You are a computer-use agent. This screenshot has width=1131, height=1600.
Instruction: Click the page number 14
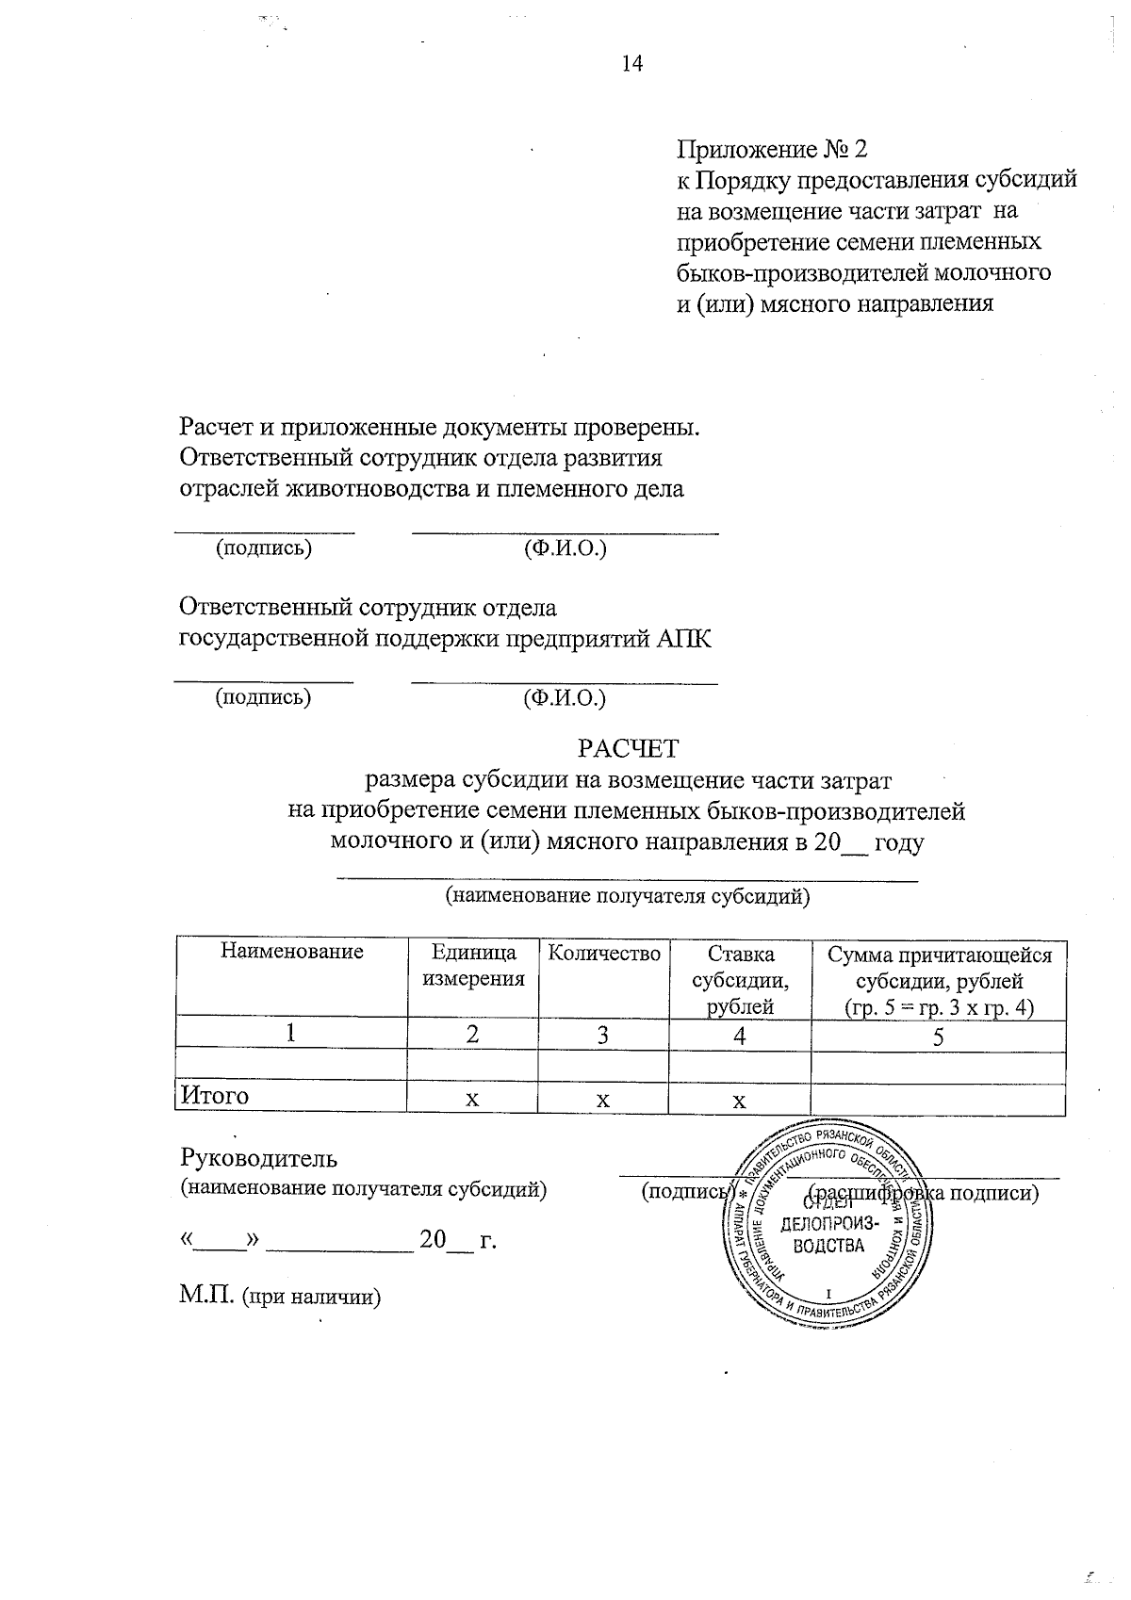(x=631, y=64)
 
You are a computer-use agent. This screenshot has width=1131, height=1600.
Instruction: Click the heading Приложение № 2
(x=771, y=150)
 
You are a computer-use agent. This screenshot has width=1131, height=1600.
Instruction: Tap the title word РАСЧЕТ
(x=628, y=748)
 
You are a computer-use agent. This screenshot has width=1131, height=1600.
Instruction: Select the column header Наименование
(x=292, y=952)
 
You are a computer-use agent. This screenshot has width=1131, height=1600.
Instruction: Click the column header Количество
(x=604, y=954)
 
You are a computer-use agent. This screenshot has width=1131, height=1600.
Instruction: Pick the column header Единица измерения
(x=473, y=966)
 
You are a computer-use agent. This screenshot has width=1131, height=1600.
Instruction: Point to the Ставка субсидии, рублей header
(x=740, y=980)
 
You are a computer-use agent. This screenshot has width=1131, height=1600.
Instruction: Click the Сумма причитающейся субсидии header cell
(x=939, y=980)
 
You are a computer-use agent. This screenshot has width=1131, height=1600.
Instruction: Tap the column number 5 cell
(x=939, y=1036)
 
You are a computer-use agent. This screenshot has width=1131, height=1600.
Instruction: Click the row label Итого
(x=216, y=1096)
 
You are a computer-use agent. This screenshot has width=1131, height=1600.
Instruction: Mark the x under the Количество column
(x=603, y=1100)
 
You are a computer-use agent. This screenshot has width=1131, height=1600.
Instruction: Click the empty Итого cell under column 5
(x=939, y=1099)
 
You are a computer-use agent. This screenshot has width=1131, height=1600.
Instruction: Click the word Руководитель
(x=258, y=1158)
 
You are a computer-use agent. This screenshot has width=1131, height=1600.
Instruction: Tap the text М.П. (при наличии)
(x=281, y=1298)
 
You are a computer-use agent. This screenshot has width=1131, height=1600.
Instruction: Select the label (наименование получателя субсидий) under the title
(x=628, y=896)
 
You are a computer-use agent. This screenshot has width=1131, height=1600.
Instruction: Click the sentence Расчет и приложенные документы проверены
(x=440, y=427)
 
